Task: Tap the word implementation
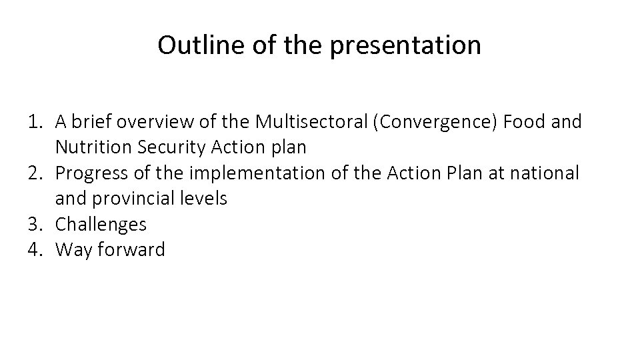coord(253,173)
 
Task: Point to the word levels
coord(204,198)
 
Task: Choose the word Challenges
coord(101,224)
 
